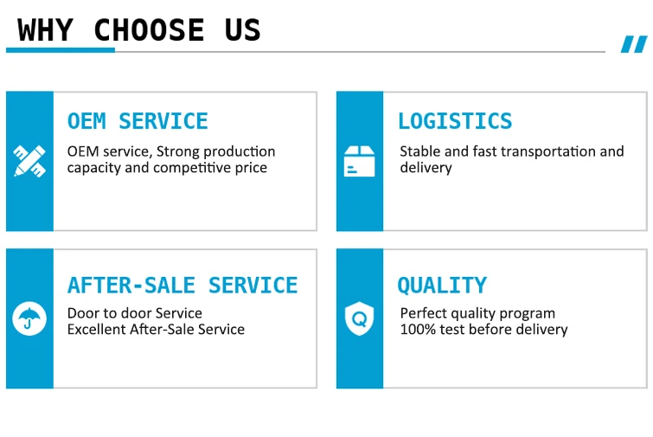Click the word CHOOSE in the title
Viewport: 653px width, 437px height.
pyautogui.click(x=149, y=30)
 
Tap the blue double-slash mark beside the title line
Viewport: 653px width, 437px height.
pyautogui.click(x=634, y=44)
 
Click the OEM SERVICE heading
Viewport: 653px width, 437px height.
pyautogui.click(x=138, y=121)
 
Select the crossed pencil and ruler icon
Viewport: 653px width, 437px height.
pyautogui.click(x=29, y=161)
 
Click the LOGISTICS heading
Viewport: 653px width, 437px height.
pyautogui.click(x=455, y=121)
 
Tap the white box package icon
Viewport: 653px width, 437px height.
pyautogui.click(x=360, y=161)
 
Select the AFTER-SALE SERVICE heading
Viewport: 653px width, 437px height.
pyautogui.click(x=182, y=286)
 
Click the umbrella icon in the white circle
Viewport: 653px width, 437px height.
pyautogui.click(x=29, y=318)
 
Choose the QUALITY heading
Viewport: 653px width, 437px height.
pyautogui.click(x=442, y=286)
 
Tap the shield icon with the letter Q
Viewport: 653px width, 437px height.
pyautogui.click(x=360, y=318)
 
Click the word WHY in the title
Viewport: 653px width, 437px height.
pyautogui.click(x=45, y=30)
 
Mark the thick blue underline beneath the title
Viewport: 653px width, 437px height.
pyautogui.click(x=61, y=50)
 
